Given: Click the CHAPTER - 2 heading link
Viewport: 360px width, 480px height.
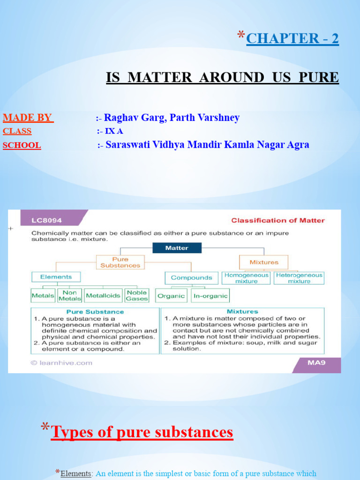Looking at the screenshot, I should coord(292,38).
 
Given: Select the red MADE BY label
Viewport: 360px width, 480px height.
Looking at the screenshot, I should coord(28,118).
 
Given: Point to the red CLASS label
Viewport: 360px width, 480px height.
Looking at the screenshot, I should coord(17,131).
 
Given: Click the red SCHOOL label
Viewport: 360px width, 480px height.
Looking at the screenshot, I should coord(22,145).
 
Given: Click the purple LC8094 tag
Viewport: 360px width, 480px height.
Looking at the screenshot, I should coord(47,220).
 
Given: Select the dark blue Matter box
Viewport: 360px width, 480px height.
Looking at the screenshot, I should coord(177,248).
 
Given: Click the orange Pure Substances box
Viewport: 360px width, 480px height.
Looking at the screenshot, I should coord(120,262).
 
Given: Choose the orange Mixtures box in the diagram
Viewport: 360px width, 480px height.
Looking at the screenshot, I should coord(263,262).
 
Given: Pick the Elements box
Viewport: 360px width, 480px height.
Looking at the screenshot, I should coord(56,277).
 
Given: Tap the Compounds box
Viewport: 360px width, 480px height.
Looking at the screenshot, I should coord(191,278).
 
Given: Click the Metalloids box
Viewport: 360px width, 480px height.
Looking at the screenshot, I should coord(104,296).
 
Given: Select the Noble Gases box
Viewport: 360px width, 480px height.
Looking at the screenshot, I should coord(137,296).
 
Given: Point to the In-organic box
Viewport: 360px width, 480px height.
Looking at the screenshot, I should coord(210,296).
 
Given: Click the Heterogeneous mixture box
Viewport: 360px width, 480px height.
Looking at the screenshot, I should coord(299,278).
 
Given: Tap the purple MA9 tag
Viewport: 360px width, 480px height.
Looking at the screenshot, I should coord(316,362).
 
